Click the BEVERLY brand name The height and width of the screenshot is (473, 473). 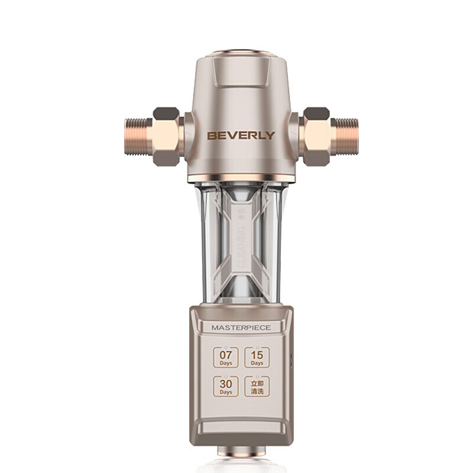click(241, 135)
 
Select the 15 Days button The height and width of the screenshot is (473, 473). click(257, 357)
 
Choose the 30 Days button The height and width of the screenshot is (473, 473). click(226, 386)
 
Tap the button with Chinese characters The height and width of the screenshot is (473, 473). click(257, 386)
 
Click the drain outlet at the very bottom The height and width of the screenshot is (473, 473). click(241, 452)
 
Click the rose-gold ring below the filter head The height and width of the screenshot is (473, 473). click(241, 179)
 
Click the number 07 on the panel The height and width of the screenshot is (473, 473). click(226, 355)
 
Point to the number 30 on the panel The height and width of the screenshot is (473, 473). click(226, 384)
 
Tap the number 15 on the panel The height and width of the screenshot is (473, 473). click(257, 355)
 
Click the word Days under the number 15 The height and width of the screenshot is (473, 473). click(257, 363)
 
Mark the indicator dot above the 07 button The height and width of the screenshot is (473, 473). click(226, 347)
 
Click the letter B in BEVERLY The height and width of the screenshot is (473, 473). click(211, 135)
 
